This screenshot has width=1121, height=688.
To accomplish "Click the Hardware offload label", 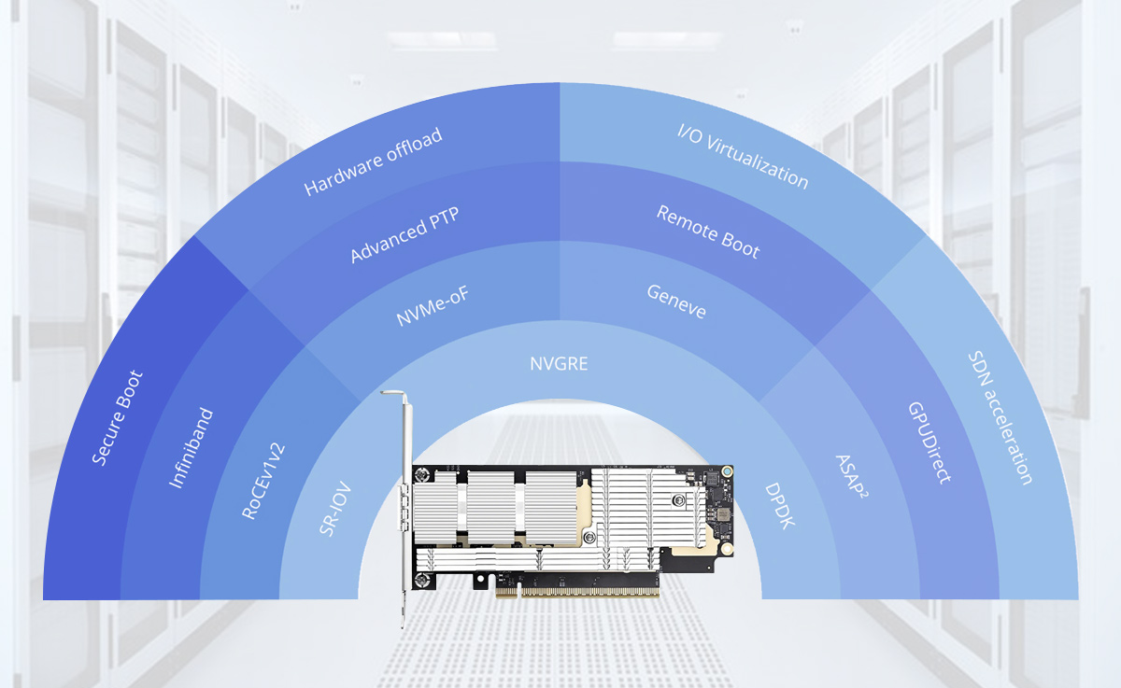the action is click(x=373, y=161).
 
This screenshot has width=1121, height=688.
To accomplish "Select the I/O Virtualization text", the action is click(x=743, y=157).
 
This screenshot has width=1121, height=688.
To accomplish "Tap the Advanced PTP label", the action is click(x=404, y=234).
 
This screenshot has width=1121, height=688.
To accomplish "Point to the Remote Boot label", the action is click(x=708, y=232).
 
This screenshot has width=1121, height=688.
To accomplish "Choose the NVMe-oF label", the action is click(x=433, y=305).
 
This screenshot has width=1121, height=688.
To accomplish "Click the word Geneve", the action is click(x=676, y=301).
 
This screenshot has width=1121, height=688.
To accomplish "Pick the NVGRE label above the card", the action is click(x=559, y=364).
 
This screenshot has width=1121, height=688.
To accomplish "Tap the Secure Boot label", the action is click(x=117, y=418).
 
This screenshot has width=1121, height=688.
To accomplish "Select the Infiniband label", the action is click(x=191, y=448).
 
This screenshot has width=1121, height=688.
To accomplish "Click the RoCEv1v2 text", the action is click(x=263, y=481).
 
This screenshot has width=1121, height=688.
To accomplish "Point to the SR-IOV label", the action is click(x=335, y=509).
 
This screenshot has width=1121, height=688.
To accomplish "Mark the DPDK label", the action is click(x=780, y=506).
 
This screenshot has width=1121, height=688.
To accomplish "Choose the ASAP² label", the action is click(x=852, y=476).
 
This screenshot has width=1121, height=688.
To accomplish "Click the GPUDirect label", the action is click(x=929, y=442).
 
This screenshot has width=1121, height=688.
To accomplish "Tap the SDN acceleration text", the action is click(x=1000, y=417).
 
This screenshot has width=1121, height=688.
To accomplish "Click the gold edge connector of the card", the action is click(x=577, y=593).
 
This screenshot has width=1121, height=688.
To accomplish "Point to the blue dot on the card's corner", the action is click(x=727, y=471).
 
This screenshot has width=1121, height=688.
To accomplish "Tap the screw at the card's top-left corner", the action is click(x=422, y=474).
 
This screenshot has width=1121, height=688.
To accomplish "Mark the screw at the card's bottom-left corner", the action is click(x=422, y=580).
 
